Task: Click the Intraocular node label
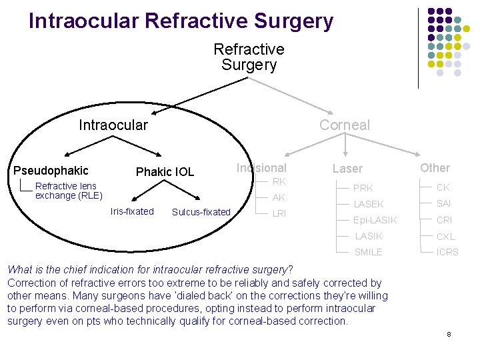[113, 125]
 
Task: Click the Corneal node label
[344, 125]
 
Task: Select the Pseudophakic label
[51, 171]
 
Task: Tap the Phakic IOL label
[165, 172]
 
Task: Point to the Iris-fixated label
[132, 211]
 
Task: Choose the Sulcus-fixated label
[201, 212]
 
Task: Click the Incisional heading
[261, 168]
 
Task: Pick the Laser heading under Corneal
[347, 169]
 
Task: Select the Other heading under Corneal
[435, 168]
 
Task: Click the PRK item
[363, 188]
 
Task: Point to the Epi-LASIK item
[375, 220]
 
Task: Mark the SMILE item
[369, 252]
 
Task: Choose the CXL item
[445, 236]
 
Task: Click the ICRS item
[447, 252]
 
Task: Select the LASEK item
[369, 204]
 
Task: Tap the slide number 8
[449, 333]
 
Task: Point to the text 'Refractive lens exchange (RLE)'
[69, 191]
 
